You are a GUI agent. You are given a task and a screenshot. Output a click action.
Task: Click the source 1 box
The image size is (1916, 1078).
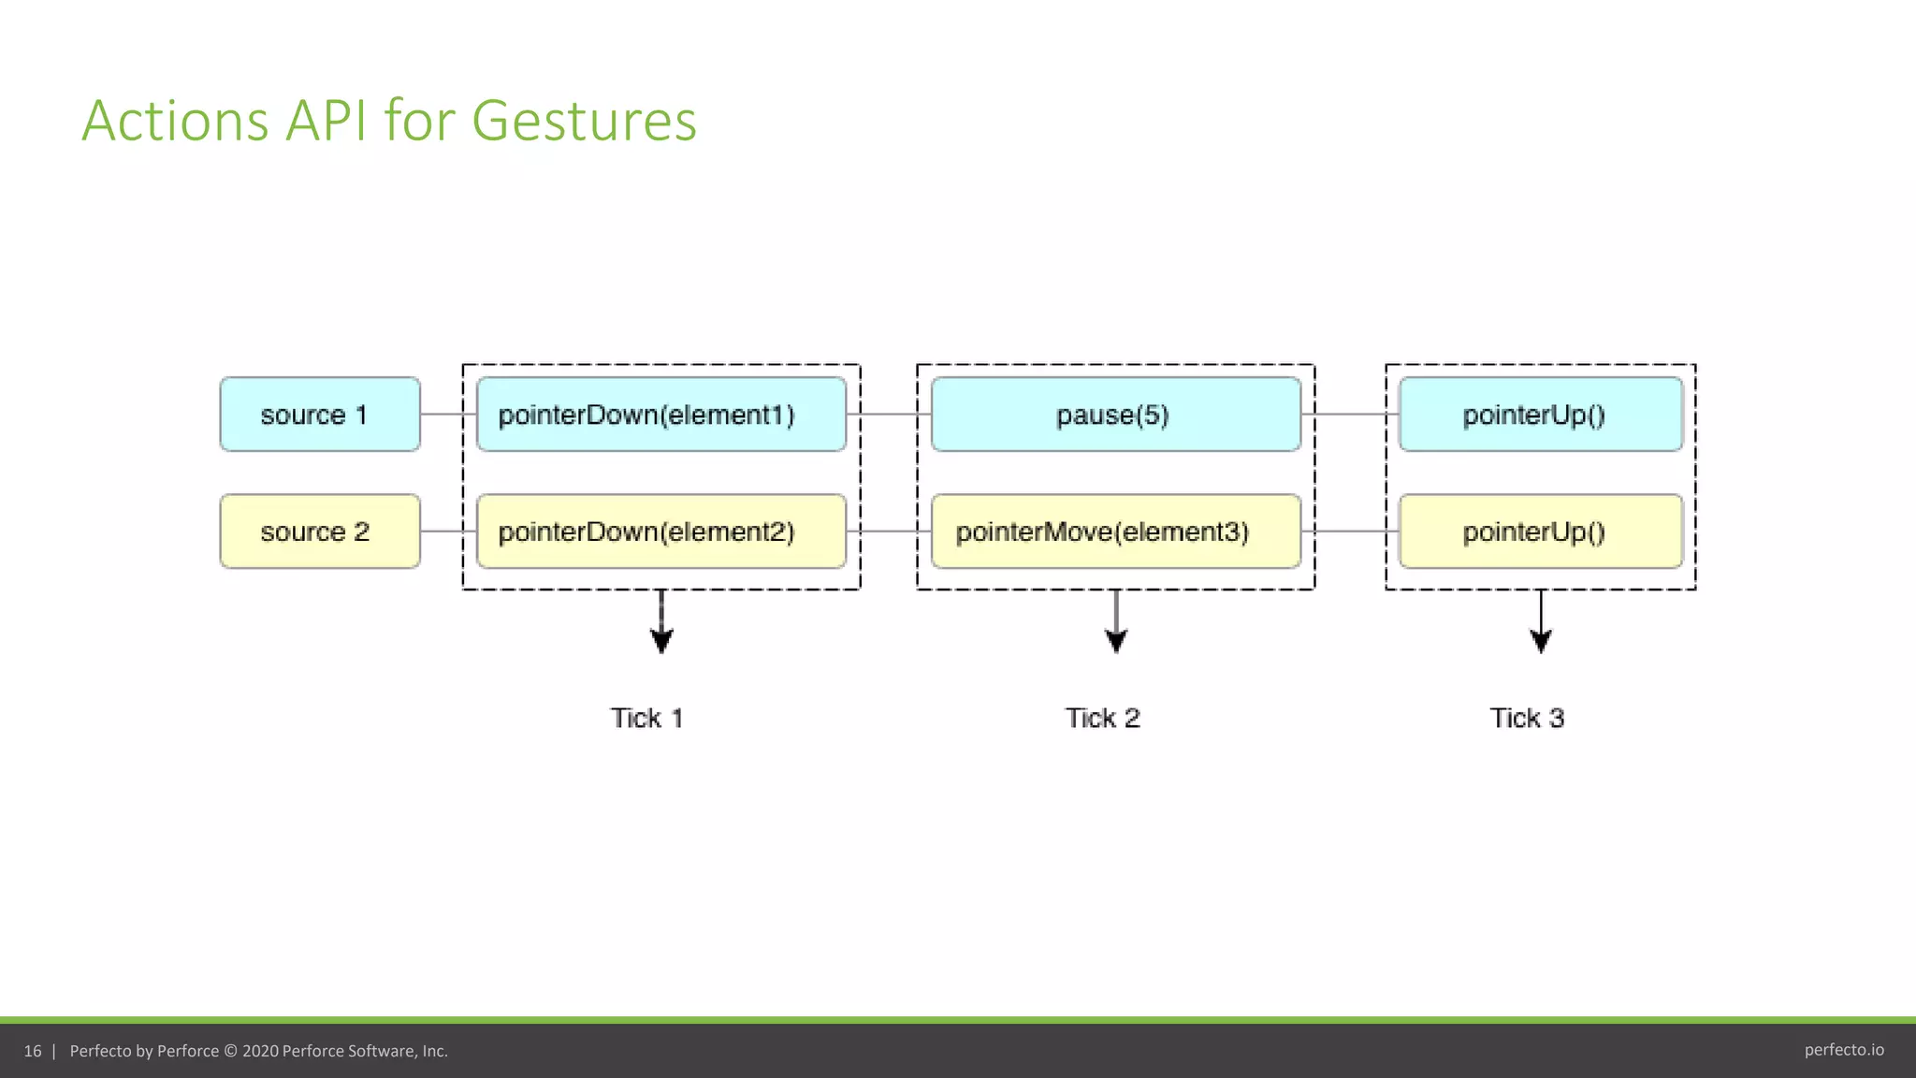[x=320, y=415]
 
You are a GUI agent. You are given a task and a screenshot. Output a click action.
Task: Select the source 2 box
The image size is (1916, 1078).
[x=320, y=532]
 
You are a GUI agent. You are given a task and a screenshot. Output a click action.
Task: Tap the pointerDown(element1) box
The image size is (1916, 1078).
[x=660, y=415]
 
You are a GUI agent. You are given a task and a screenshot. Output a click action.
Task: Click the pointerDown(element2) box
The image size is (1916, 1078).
[x=660, y=532]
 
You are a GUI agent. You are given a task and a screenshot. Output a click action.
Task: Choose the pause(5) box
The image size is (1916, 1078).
[x=1115, y=415]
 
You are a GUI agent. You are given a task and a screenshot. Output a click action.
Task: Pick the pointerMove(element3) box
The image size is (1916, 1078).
[x=1115, y=532]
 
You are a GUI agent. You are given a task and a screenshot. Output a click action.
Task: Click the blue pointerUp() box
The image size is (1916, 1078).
[x=1540, y=415]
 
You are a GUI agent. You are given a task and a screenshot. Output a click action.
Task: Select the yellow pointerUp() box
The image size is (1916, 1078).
[x=1540, y=532]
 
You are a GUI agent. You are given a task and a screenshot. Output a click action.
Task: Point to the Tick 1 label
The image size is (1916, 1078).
[x=646, y=718]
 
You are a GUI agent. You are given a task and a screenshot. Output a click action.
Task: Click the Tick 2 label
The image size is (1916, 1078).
[x=1102, y=718]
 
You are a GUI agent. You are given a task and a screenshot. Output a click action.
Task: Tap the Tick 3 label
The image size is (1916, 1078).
[x=1527, y=718]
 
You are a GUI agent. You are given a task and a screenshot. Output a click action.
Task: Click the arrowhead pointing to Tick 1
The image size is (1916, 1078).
[x=661, y=641]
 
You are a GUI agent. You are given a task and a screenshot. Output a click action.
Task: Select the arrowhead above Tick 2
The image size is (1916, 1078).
[x=1116, y=641]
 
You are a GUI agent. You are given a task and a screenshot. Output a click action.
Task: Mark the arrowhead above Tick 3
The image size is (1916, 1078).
[x=1541, y=641]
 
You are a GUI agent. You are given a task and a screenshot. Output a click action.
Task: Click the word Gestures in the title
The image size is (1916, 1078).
[x=584, y=122]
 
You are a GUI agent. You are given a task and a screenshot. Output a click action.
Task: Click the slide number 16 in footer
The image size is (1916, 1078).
[x=33, y=1051]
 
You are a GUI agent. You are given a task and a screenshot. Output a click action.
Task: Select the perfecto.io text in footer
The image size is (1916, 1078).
[x=1843, y=1050]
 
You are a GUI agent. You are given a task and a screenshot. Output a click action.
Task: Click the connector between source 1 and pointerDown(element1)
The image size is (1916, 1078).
[x=442, y=414]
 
